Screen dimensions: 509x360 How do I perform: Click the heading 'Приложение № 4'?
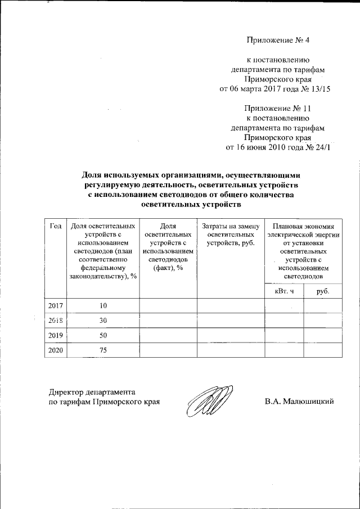coord(278,40)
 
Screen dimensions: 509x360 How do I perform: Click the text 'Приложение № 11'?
coord(277,108)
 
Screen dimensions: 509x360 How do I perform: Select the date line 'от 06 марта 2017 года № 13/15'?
coord(274,89)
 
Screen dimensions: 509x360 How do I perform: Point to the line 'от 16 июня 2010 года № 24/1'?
coord(278,148)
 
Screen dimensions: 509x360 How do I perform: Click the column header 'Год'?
coord(55,226)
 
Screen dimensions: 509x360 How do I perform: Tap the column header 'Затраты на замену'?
coord(230,226)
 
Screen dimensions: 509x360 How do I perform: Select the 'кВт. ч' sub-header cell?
coord(284,292)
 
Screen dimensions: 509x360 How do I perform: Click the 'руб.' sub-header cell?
coord(322,292)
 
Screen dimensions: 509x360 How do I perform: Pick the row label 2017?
coord(55,306)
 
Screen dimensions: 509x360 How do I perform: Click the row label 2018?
coord(55,321)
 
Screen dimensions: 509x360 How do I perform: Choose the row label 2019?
coord(55,335)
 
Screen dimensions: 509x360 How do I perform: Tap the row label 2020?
coord(55,350)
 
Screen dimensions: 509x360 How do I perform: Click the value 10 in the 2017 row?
coord(102,306)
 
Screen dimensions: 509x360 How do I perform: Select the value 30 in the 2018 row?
coord(102,321)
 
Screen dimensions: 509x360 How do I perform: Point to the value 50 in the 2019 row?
coord(102,335)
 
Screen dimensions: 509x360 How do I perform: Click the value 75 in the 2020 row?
coord(102,350)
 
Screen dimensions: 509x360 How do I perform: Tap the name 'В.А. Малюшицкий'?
coord(300,402)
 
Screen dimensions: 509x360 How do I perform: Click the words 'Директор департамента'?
coord(92,391)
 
